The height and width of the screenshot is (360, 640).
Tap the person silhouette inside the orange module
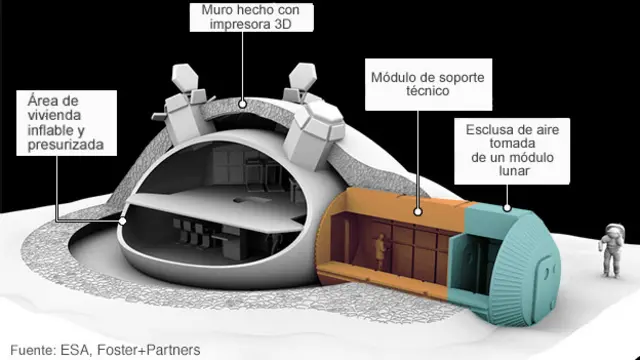379,254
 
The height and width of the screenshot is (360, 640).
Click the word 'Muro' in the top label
210,12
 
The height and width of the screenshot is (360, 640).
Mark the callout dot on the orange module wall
418,212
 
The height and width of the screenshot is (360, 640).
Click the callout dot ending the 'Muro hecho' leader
241,103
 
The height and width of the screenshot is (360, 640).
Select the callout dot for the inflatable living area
122,220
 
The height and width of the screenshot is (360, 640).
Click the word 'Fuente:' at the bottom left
30,349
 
